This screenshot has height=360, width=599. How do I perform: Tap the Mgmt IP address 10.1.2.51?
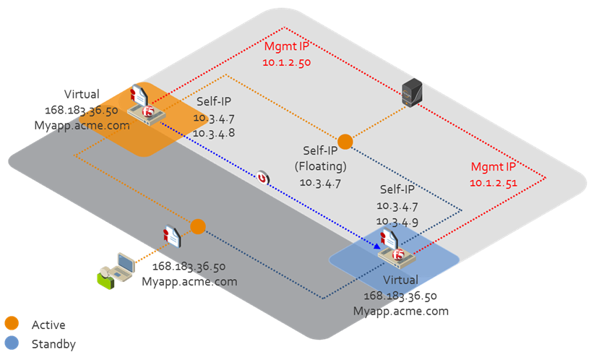click(x=494, y=183)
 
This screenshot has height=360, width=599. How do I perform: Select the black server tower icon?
click(x=412, y=93)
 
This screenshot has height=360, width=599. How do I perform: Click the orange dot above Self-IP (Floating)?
click(x=345, y=142)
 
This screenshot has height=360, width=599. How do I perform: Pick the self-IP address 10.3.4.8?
click(x=214, y=133)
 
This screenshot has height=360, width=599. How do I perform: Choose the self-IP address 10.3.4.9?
click(x=397, y=221)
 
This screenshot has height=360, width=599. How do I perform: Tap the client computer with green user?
click(x=117, y=271)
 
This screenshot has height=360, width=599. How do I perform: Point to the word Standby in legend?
click(x=53, y=344)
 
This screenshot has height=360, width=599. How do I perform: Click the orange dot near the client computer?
click(x=198, y=226)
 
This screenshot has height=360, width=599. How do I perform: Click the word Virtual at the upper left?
click(x=82, y=95)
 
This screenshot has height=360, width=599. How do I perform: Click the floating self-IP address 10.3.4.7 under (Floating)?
click(x=320, y=183)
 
